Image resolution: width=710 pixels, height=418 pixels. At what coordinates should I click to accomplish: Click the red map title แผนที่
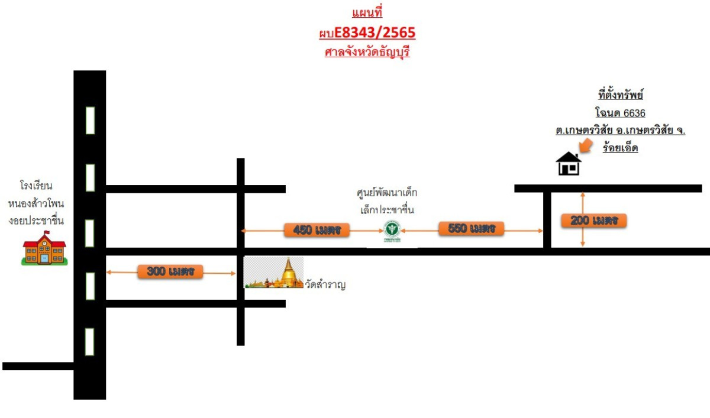[367, 12]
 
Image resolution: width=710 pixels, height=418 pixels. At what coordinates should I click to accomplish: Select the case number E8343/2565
[375, 33]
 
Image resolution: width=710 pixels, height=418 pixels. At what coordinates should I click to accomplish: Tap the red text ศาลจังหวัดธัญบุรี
[367, 51]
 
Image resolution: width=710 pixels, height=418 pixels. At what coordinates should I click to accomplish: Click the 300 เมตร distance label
[170, 271]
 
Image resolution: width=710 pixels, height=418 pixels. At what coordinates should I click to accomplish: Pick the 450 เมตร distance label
[317, 230]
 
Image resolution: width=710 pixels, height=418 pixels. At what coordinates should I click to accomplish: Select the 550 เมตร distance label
[472, 228]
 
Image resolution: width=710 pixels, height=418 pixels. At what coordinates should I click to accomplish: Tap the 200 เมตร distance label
[593, 221]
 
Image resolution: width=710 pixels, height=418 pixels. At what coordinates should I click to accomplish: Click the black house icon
[569, 163]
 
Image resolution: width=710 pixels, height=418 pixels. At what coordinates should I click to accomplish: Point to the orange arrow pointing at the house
[586, 145]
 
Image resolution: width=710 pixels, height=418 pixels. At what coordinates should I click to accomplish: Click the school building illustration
[44, 248]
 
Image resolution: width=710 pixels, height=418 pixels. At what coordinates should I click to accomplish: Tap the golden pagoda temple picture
[273, 273]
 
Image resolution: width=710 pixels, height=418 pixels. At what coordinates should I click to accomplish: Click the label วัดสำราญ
[325, 284]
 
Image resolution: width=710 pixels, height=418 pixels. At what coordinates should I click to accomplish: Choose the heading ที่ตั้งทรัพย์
[620, 95]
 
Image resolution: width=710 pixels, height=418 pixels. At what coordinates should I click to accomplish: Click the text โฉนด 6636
[620, 113]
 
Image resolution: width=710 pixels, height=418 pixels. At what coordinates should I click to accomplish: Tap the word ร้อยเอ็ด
[620, 148]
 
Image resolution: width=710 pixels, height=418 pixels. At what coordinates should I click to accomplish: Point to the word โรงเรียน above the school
[36, 185]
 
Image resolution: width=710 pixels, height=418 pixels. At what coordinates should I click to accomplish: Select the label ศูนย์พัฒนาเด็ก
[387, 192]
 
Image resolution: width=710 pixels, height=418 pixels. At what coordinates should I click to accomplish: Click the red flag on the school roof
[47, 233]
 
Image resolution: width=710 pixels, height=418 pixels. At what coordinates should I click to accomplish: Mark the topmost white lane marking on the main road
[91, 121]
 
